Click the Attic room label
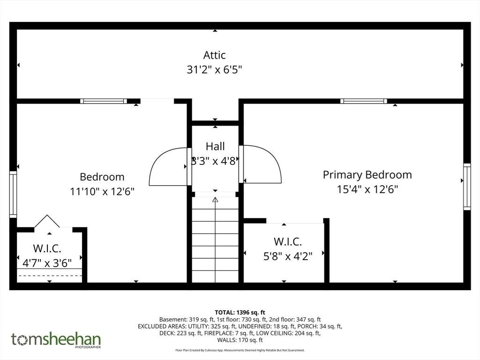click(x=215, y=55)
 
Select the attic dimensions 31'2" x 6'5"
click(x=214, y=70)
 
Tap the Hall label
click(x=215, y=146)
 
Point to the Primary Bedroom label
click(x=367, y=175)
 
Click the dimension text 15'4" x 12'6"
click(x=367, y=189)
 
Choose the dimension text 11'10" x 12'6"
click(x=102, y=192)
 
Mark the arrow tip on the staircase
click(x=215, y=198)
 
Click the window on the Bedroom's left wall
click(x=13, y=195)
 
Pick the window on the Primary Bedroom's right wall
click(x=467, y=187)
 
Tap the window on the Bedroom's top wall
click(x=104, y=101)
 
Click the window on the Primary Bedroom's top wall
click(x=364, y=101)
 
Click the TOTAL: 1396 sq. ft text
click(x=240, y=313)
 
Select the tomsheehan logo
click(x=56, y=340)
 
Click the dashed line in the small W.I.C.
click(x=50, y=276)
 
